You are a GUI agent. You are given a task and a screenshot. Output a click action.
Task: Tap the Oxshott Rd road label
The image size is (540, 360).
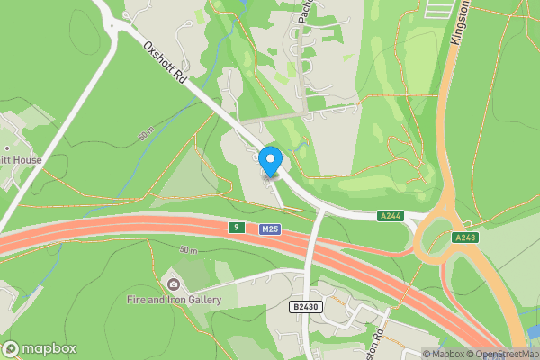pyautogui.click(x=165, y=66)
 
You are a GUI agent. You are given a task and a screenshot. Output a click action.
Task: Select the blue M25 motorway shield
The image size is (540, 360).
pyautogui.click(x=269, y=229)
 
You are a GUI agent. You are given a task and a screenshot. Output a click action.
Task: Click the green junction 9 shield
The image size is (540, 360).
pyautogui.click(x=236, y=228)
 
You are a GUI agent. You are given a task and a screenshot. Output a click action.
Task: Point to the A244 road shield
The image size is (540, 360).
pyautogui.click(x=391, y=216)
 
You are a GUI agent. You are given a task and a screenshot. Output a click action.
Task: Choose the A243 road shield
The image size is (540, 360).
pyautogui.click(x=464, y=238)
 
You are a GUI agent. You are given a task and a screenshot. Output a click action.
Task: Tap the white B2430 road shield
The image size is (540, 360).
pyautogui.click(x=304, y=307)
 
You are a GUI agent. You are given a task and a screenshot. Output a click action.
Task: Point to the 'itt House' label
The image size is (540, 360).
pyautogui.click(x=22, y=160)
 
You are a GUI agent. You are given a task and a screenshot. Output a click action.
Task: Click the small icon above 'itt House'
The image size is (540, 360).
pyautogui.click(x=6, y=146)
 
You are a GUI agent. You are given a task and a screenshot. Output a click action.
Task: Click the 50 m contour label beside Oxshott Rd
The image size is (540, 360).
pyautogui.click(x=146, y=135)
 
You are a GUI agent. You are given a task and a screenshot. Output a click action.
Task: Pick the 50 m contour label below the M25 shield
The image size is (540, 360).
pyautogui.click(x=188, y=249)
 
